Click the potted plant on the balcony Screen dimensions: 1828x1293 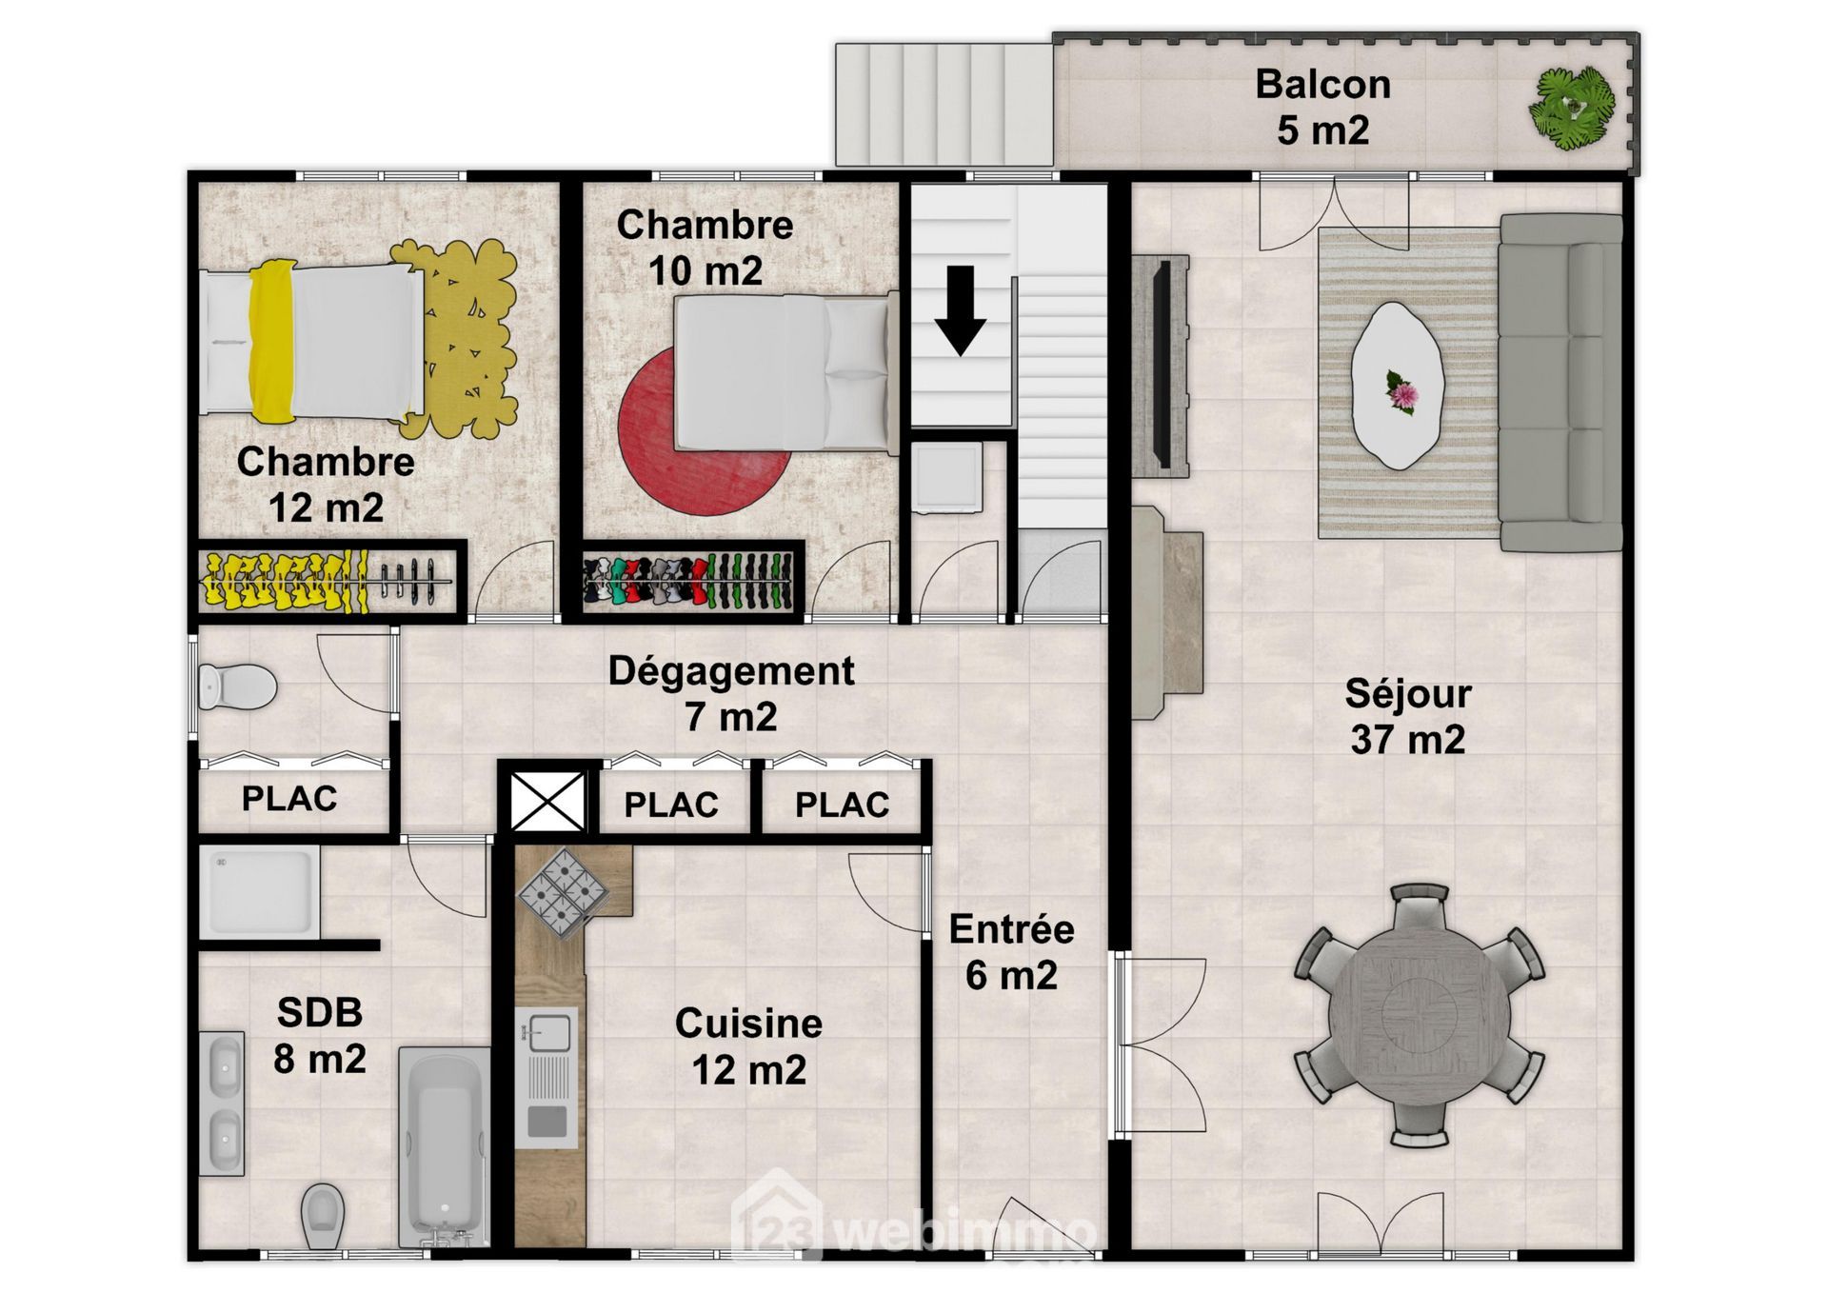click(1572, 105)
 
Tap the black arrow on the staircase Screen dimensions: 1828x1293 click(960, 310)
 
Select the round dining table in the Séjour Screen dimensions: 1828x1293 click(1419, 1015)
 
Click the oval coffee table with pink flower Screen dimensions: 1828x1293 click(1398, 386)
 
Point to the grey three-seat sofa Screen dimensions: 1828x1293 click(1560, 383)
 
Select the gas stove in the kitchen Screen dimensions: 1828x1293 click(563, 893)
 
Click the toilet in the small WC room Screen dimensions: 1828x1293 click(236, 686)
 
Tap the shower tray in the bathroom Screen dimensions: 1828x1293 click(259, 892)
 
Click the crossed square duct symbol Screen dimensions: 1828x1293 click(547, 801)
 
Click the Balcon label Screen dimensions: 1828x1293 click(1322, 84)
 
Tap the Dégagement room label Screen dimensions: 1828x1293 click(731, 671)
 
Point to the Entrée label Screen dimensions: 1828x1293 click(1011, 929)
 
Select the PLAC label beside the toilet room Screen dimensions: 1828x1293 click(289, 799)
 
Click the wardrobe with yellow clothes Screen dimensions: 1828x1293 click(327, 582)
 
